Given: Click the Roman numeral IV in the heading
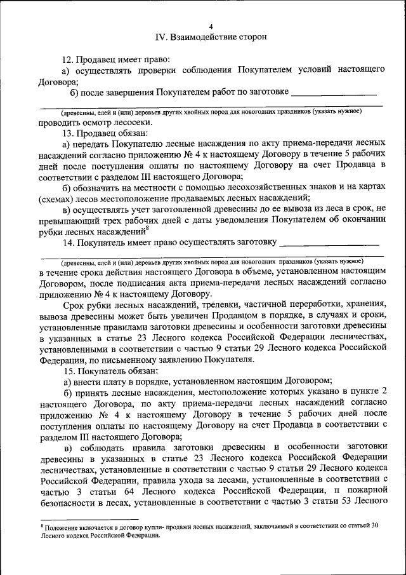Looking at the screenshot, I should [x=160, y=37].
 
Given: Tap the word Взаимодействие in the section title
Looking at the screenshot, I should [x=202, y=37].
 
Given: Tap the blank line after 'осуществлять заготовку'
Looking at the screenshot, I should [x=329, y=242].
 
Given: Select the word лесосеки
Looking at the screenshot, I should [x=134, y=121].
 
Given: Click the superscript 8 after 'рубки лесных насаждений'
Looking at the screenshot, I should [x=147, y=227].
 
